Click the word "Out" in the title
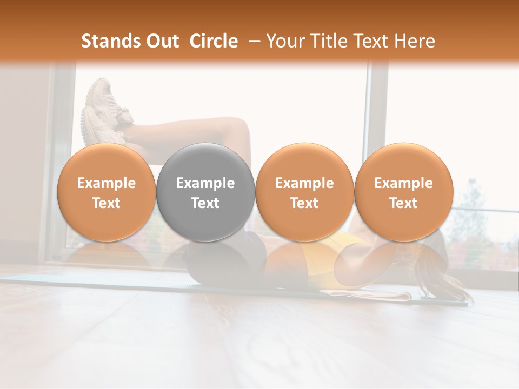[161, 41]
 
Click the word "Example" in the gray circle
[205, 183]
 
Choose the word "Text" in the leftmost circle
[107, 203]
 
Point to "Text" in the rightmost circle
[403, 203]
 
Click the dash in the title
[252, 41]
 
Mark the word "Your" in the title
[284, 41]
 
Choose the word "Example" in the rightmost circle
[403, 183]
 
